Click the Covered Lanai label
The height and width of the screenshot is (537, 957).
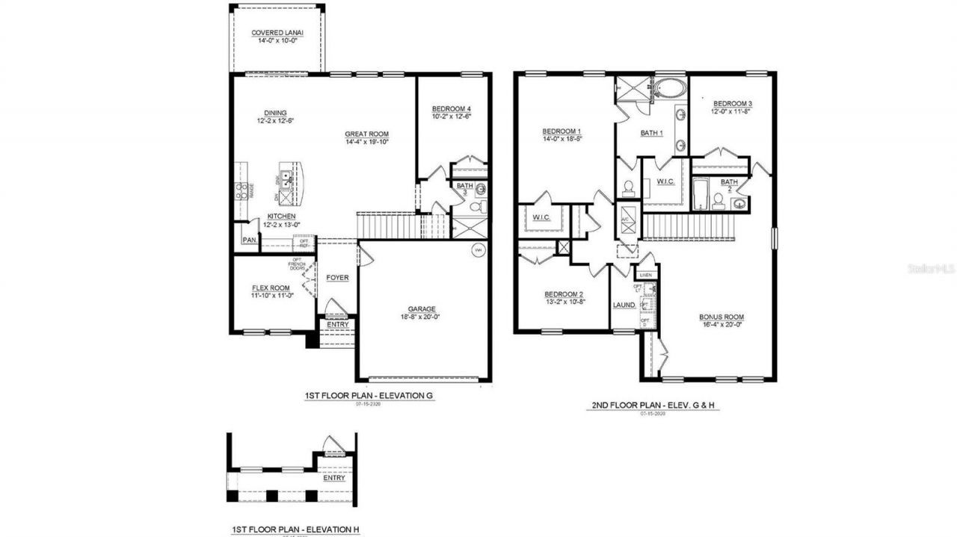(x=277, y=33)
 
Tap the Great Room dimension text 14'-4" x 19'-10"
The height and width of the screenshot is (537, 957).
(x=366, y=142)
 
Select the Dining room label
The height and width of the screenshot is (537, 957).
(x=253, y=114)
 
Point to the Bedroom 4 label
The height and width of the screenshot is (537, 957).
(x=452, y=109)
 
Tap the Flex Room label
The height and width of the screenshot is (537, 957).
(x=270, y=288)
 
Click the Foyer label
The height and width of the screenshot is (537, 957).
(x=337, y=278)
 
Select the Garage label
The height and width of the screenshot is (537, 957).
(x=422, y=309)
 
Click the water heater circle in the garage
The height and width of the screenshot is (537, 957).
(x=478, y=250)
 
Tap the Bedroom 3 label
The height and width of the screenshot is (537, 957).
(x=732, y=104)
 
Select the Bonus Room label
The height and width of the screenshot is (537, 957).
(x=721, y=317)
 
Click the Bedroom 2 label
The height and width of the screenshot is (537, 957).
(x=563, y=294)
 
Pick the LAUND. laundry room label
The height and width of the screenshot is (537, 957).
(x=624, y=305)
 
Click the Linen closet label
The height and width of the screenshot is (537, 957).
(x=645, y=276)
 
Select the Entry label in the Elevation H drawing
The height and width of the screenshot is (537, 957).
(x=334, y=478)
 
